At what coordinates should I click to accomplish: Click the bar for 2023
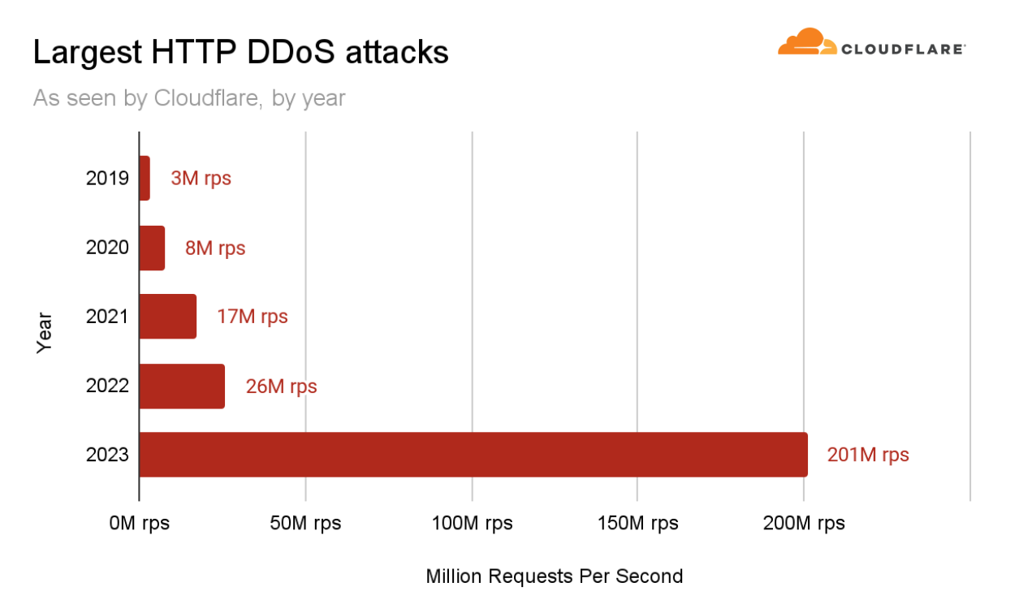coord(473,455)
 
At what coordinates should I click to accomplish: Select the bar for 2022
coord(182,386)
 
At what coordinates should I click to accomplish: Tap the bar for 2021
coord(168,317)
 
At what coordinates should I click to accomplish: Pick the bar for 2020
coord(152,248)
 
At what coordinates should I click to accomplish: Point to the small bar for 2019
coord(145,179)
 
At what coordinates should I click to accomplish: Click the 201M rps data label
coord(868,455)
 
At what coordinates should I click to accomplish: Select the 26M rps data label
coord(281,386)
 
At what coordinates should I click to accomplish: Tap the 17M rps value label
coord(252,317)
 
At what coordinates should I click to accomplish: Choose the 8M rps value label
coord(214,248)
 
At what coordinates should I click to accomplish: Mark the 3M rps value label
coord(201,178)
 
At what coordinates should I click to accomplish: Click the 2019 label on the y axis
coord(107,178)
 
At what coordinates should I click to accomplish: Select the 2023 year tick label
coord(107,455)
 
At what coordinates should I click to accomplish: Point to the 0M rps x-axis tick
coord(140,523)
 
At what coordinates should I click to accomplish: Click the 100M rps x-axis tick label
coord(472,523)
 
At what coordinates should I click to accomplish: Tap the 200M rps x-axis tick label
coord(804,523)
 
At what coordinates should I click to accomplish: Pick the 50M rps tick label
coord(305,523)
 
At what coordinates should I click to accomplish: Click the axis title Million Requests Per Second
coord(555,576)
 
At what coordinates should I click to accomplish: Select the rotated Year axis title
coord(45,332)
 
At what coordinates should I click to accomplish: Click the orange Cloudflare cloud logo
coord(807,42)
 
